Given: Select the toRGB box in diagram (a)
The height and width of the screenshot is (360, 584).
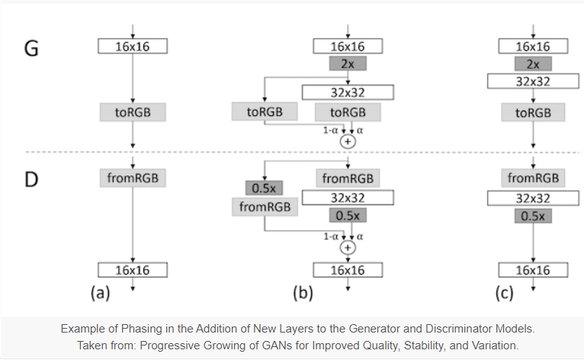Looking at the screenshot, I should tap(133, 112).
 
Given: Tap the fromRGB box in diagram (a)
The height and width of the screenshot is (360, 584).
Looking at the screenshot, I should tap(133, 178).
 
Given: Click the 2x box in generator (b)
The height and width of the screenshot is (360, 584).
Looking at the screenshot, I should tap(348, 64).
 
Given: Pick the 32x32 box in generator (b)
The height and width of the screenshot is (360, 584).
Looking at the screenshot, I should tap(348, 92).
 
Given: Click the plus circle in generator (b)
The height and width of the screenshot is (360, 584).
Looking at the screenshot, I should tap(348, 141).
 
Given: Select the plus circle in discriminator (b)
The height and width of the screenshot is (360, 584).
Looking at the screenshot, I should tap(348, 247).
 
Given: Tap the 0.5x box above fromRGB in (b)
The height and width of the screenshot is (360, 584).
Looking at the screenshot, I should tap(263, 188).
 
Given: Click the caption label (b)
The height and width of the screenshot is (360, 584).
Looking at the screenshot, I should tap(303, 293).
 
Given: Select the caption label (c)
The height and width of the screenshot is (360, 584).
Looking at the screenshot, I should tap(503, 293).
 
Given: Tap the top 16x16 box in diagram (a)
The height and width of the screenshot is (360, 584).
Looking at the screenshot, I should tap(133, 47).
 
